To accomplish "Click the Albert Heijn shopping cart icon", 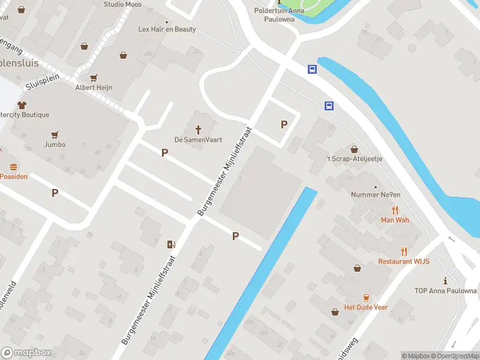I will pos(94,78).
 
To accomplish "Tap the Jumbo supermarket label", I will pos(55,145).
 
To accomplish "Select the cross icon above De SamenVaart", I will pos(199,129).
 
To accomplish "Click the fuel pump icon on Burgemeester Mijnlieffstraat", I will pos(171,244).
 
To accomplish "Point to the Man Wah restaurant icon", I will pos(395,210).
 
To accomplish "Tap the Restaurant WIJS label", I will pos(403,262).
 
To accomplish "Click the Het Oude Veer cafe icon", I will pos(365,298).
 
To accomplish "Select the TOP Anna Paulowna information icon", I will pos(445,281).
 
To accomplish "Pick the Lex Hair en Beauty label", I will pos(167,29).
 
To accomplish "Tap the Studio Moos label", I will pos(122,4).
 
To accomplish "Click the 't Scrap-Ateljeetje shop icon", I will pos(354,149).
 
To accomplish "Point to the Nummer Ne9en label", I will pos(376,194).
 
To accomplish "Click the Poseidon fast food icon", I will pos(13,167).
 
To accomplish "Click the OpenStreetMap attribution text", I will pos(455,356).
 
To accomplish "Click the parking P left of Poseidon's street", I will pos(55,193).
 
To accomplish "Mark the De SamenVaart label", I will pos(199,140).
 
